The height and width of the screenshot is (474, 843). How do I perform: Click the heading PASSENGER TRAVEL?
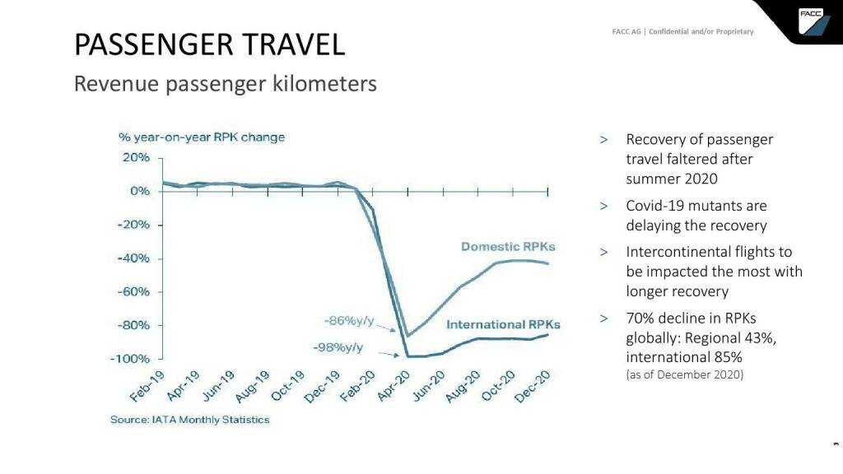[209, 44]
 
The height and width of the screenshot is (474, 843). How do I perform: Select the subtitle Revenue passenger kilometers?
[225, 84]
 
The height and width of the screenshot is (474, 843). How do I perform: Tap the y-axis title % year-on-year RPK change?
[202, 137]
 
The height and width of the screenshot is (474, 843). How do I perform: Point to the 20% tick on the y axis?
[137, 157]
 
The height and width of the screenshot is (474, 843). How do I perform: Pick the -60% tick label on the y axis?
[133, 291]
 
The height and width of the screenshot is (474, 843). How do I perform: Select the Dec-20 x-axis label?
[533, 388]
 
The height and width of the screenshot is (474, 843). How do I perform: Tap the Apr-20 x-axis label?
[394, 388]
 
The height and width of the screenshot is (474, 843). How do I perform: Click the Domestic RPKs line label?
[508, 247]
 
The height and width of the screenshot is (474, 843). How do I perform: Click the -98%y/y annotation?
[338, 347]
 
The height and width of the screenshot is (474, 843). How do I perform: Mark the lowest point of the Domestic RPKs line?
[407, 336]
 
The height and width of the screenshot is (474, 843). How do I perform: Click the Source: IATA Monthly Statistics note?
[189, 420]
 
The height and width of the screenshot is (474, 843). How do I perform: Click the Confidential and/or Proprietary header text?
[701, 32]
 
